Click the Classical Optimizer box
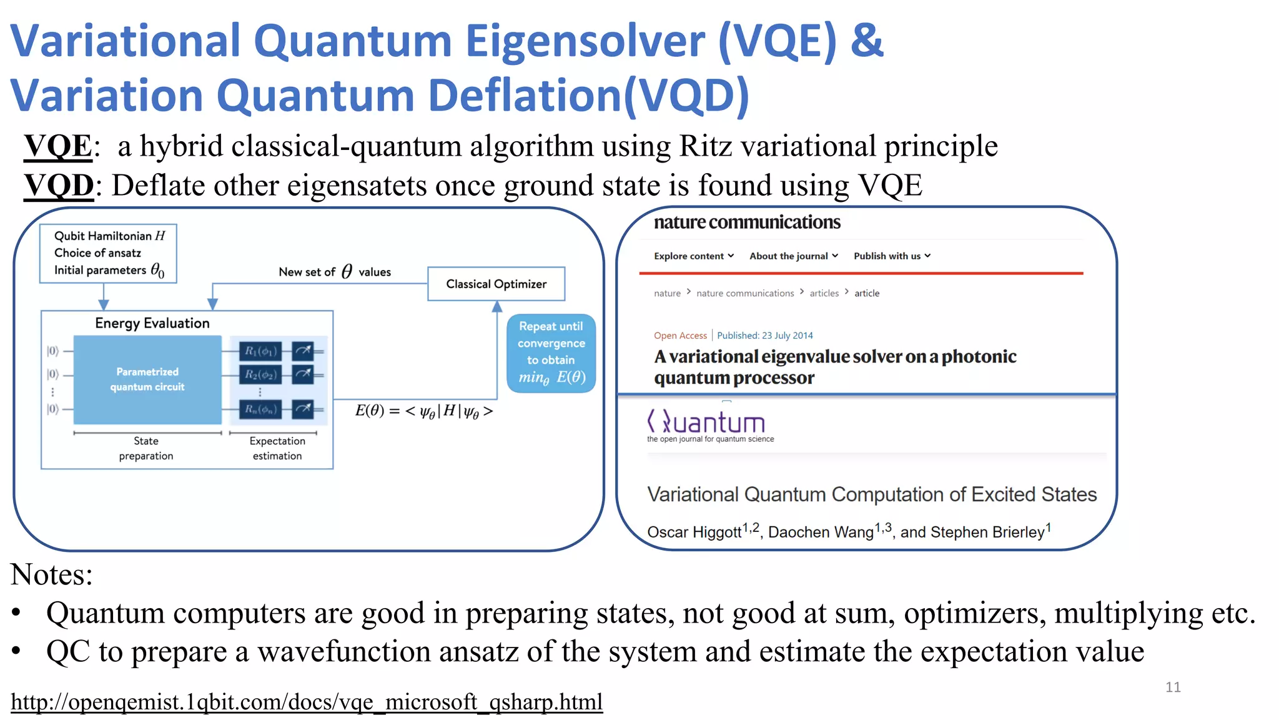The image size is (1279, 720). (x=496, y=284)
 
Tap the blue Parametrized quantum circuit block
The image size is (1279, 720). (x=147, y=379)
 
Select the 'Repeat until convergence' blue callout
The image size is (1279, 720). (x=551, y=352)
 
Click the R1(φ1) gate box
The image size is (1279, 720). (x=260, y=351)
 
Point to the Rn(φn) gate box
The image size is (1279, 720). (x=260, y=409)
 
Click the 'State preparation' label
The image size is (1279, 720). (x=146, y=448)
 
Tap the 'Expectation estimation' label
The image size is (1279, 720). (x=277, y=448)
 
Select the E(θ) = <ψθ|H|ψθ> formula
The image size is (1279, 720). (x=424, y=411)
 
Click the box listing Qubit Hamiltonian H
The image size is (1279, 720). (x=108, y=253)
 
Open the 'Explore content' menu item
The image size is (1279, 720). (x=693, y=256)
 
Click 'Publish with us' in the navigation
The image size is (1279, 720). (x=891, y=256)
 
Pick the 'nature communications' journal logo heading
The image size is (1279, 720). (x=747, y=222)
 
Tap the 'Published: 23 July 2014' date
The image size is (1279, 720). (x=764, y=336)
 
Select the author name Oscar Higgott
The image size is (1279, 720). (x=694, y=532)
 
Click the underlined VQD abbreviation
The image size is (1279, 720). (x=59, y=186)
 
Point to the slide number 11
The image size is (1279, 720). (x=1173, y=687)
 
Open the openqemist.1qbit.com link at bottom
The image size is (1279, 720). (x=307, y=702)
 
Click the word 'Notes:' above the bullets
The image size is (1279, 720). (x=51, y=574)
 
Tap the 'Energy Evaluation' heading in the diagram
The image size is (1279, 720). (x=152, y=323)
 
